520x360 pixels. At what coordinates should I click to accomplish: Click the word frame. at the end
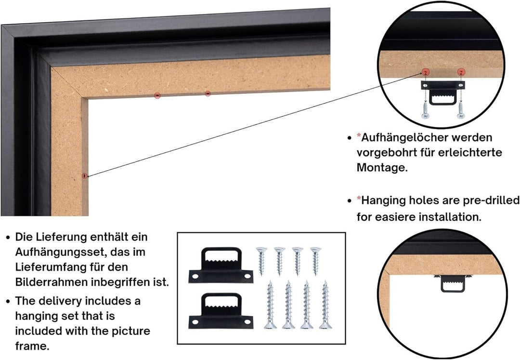point(32,347)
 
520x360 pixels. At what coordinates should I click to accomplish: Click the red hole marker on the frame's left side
point(85,176)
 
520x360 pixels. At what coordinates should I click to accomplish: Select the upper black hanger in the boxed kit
point(221,265)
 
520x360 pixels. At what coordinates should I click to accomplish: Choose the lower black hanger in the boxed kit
point(221,311)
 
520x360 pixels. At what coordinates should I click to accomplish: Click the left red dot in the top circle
point(426,71)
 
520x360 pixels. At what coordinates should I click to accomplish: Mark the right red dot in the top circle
point(461,72)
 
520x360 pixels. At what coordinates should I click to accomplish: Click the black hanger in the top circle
point(443,93)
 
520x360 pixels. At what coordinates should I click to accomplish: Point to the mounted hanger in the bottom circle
point(453,283)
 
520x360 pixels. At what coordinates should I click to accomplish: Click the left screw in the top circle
point(426,111)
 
